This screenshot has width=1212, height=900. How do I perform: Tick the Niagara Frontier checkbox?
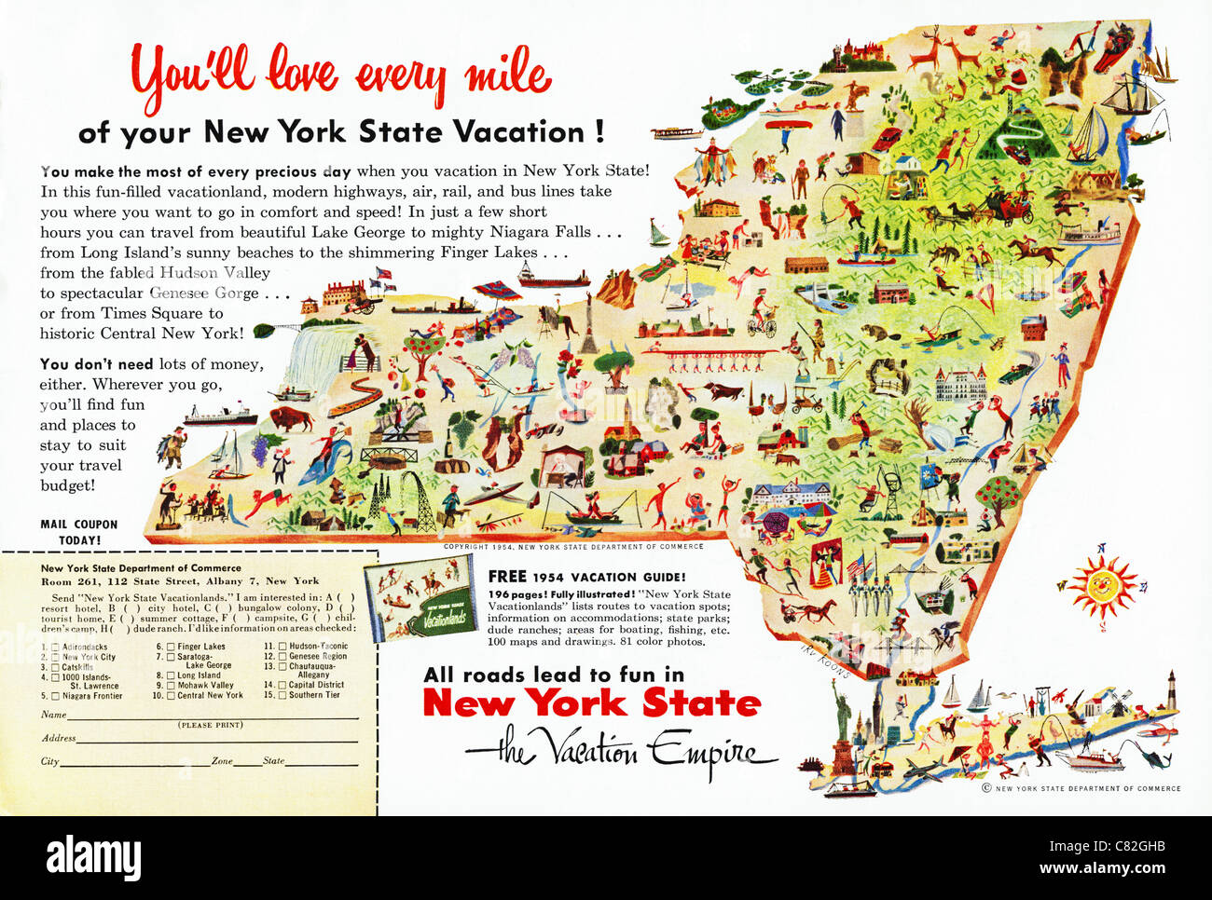(x=55, y=696)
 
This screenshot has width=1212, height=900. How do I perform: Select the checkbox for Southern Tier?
(x=282, y=695)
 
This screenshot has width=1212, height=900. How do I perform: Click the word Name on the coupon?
(x=53, y=715)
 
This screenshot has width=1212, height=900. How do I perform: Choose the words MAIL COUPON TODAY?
(x=79, y=532)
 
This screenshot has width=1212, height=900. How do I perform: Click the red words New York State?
(x=591, y=703)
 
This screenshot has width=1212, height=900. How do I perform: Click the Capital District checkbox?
(x=282, y=685)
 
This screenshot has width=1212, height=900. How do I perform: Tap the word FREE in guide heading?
(x=509, y=577)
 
